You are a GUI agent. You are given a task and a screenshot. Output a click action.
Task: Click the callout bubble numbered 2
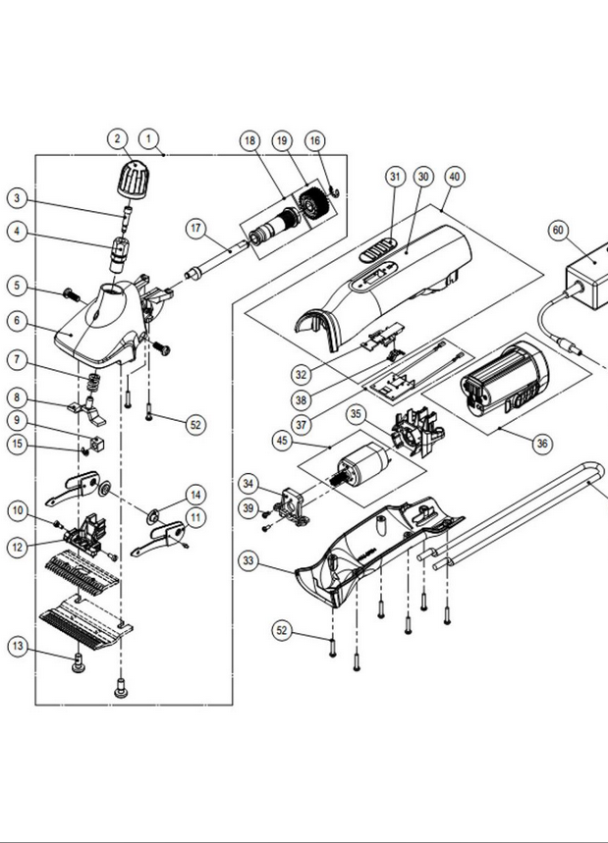(118, 138)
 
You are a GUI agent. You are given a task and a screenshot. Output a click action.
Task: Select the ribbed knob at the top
(133, 179)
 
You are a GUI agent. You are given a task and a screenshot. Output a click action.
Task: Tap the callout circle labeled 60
(559, 231)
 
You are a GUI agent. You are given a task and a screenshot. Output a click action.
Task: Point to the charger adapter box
(587, 275)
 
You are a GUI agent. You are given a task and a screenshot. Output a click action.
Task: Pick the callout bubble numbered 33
(249, 560)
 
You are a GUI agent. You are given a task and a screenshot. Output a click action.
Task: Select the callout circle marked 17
(195, 229)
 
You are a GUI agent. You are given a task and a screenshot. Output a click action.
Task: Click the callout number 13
(18, 646)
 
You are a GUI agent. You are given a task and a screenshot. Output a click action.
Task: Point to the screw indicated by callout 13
(79, 662)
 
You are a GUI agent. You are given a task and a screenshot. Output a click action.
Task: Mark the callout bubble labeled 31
(396, 177)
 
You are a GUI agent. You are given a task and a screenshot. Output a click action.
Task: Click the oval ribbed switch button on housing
(378, 250)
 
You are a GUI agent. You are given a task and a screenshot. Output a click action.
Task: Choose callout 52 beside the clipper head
(195, 425)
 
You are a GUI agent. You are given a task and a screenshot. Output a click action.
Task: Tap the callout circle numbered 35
(356, 414)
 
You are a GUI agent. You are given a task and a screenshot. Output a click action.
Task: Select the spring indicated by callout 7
(95, 383)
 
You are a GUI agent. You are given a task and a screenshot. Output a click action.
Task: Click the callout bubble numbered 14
(195, 495)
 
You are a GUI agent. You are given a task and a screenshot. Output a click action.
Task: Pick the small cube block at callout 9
(97, 445)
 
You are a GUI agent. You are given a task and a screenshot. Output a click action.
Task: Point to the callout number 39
(249, 508)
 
